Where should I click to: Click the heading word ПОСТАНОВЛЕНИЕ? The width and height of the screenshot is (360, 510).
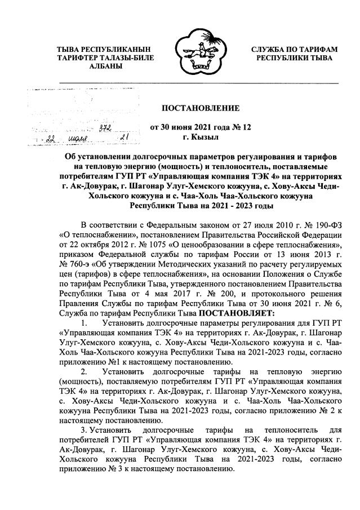[201, 108]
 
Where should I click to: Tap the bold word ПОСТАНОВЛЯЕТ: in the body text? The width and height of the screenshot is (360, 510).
[236, 312]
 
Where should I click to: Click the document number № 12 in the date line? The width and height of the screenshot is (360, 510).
[243, 127]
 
